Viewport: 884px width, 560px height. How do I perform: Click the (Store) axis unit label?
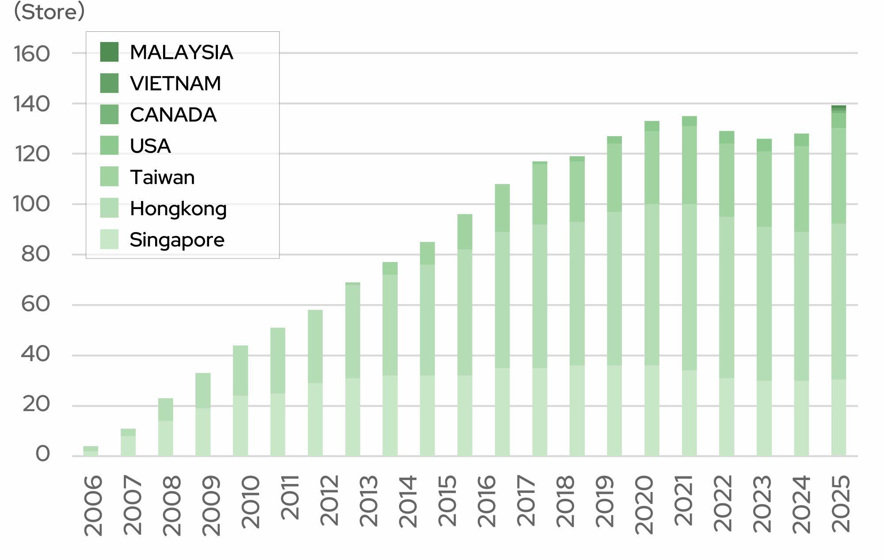pyautogui.click(x=49, y=12)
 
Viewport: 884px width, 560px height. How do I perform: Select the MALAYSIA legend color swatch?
pyautogui.click(x=109, y=52)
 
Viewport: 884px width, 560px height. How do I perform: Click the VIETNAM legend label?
pyautogui.click(x=175, y=84)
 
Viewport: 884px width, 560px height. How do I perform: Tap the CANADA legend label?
pyautogui.click(x=173, y=115)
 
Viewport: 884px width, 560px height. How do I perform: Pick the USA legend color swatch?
pyautogui.click(x=109, y=145)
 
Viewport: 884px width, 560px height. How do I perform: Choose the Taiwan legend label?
pyautogui.click(x=162, y=177)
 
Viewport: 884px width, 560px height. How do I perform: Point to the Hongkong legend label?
pyautogui.click(x=178, y=209)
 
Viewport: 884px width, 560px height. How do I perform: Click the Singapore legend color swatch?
pyautogui.click(x=109, y=239)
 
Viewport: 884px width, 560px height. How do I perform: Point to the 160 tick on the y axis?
pyautogui.click(x=32, y=54)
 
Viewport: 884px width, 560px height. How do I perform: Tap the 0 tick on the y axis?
pyautogui.click(x=42, y=454)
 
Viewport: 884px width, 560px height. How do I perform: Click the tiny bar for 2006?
pyautogui.click(x=91, y=451)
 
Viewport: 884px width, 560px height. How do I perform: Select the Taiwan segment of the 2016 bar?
pyautogui.click(x=502, y=208)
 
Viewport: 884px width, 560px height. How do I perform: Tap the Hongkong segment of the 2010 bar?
pyautogui.click(x=240, y=370)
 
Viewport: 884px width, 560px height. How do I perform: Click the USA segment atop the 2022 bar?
pyautogui.click(x=727, y=137)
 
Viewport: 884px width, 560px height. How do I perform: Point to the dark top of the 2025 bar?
pyautogui.click(x=838, y=107)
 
